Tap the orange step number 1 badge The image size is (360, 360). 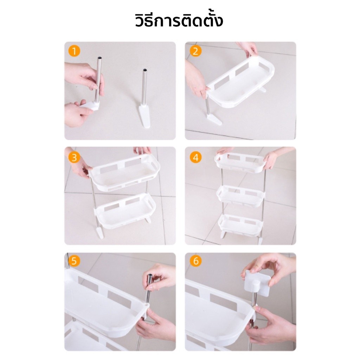tap(74, 51)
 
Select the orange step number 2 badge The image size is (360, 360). tap(195, 51)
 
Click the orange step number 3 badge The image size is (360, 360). tap(74, 158)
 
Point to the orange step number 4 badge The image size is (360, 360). tap(195, 158)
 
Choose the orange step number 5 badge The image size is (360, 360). tap(74, 261)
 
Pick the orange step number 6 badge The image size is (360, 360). tap(195, 261)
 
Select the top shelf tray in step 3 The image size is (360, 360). tap(124, 172)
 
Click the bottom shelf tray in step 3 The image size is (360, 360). tap(126, 211)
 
